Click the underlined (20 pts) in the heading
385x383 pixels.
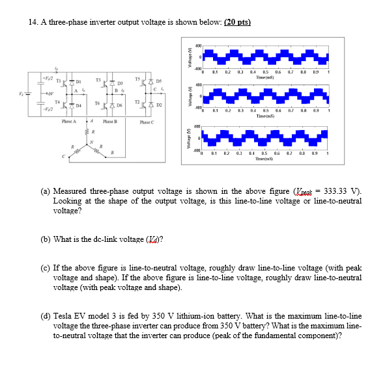tap(237, 22)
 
